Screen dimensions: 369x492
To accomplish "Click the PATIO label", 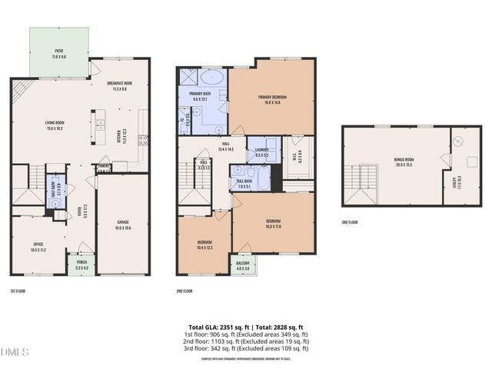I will pyautogui.click(x=58, y=55).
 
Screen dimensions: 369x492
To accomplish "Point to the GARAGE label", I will pyautogui.click(x=123, y=224).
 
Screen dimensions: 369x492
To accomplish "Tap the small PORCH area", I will pyautogui.click(x=80, y=265).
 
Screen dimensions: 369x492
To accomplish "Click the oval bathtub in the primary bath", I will pyautogui.click(x=213, y=78).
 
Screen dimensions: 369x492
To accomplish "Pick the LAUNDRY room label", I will pyautogui.click(x=261, y=152).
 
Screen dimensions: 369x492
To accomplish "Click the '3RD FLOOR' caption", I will pyautogui.click(x=350, y=222).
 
